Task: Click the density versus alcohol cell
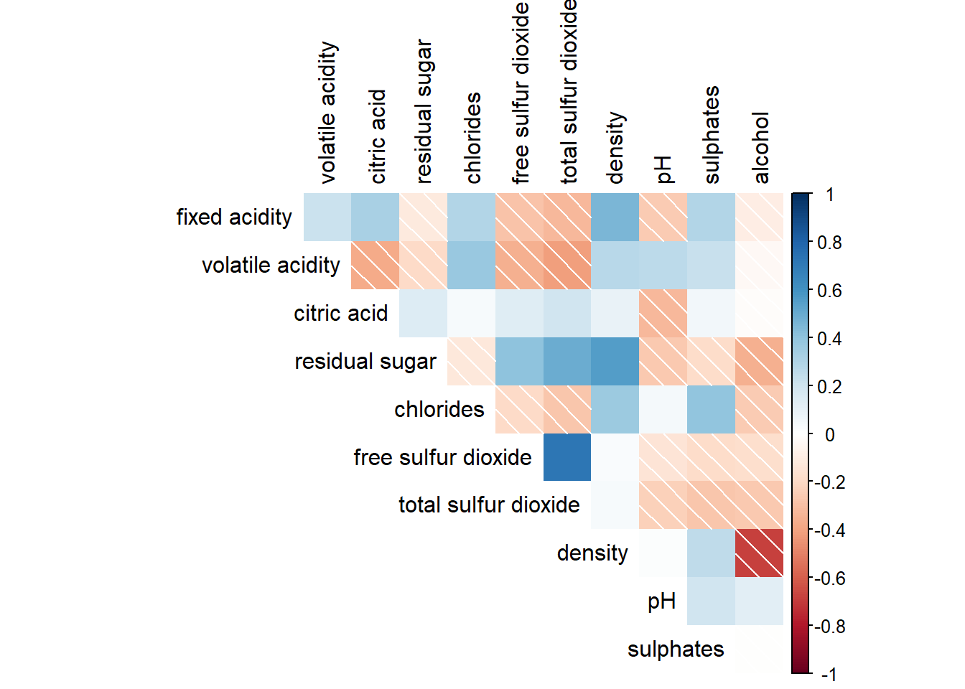tap(759, 553)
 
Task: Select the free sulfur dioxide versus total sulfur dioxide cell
tap(567, 457)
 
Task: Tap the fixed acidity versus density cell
tap(615, 217)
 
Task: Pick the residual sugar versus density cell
tap(615, 361)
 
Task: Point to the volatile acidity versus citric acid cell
tap(375, 265)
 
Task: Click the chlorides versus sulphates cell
tap(711, 409)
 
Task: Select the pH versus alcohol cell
tap(759, 601)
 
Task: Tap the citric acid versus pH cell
tap(663, 313)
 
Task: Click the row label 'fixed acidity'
tap(234, 217)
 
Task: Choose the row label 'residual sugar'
tap(365, 361)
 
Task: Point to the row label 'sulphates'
tap(676, 649)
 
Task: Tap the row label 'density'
tap(592, 553)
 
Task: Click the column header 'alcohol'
tap(760, 148)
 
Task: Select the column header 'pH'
tap(663, 169)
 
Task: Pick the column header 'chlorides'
tap(472, 138)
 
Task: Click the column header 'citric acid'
tap(377, 136)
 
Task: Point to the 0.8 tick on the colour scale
tap(829, 243)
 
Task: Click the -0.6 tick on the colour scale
tap(829, 578)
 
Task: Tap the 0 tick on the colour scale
tap(829, 434)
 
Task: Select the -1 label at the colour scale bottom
tap(829, 675)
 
